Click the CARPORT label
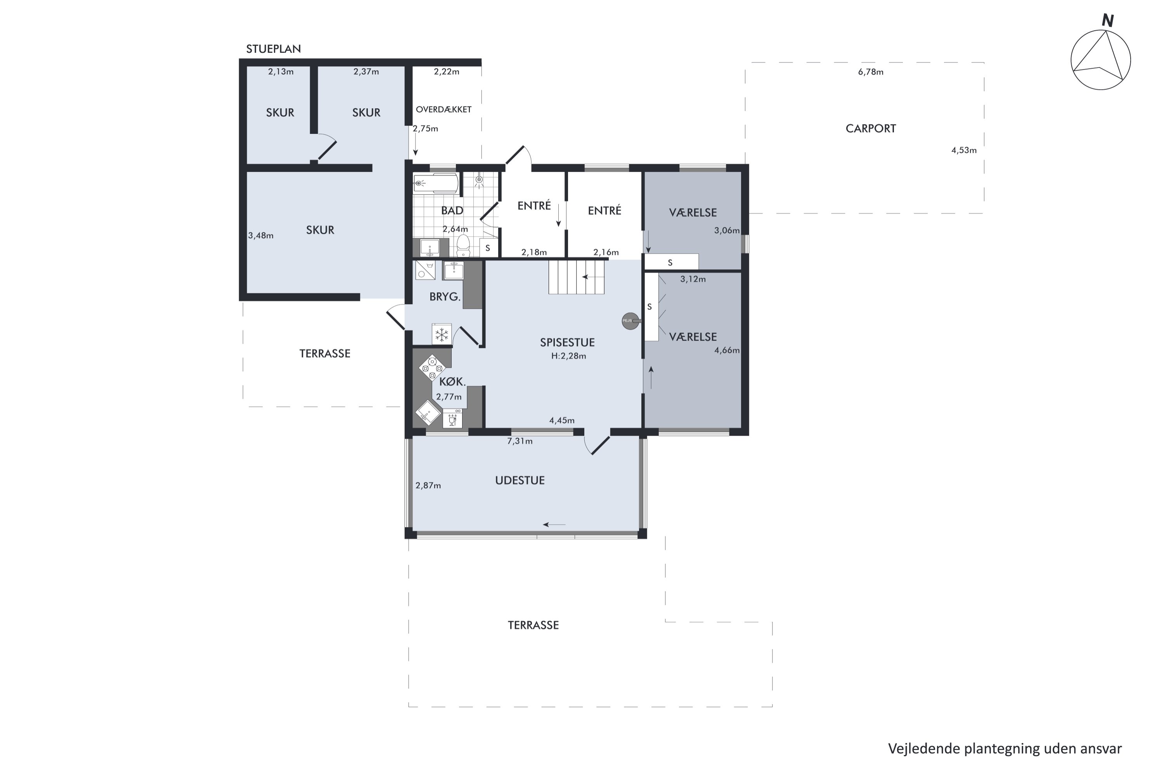point(871,129)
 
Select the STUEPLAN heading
point(274,49)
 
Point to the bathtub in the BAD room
point(435,183)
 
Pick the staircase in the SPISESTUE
point(577,277)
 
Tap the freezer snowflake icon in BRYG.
point(442,334)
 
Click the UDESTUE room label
point(520,481)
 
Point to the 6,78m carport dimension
point(871,72)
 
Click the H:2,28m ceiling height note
point(569,356)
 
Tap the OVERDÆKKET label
point(443,109)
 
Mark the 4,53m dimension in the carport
point(963,151)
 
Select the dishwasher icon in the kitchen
point(452,419)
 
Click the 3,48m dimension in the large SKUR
point(261,236)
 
